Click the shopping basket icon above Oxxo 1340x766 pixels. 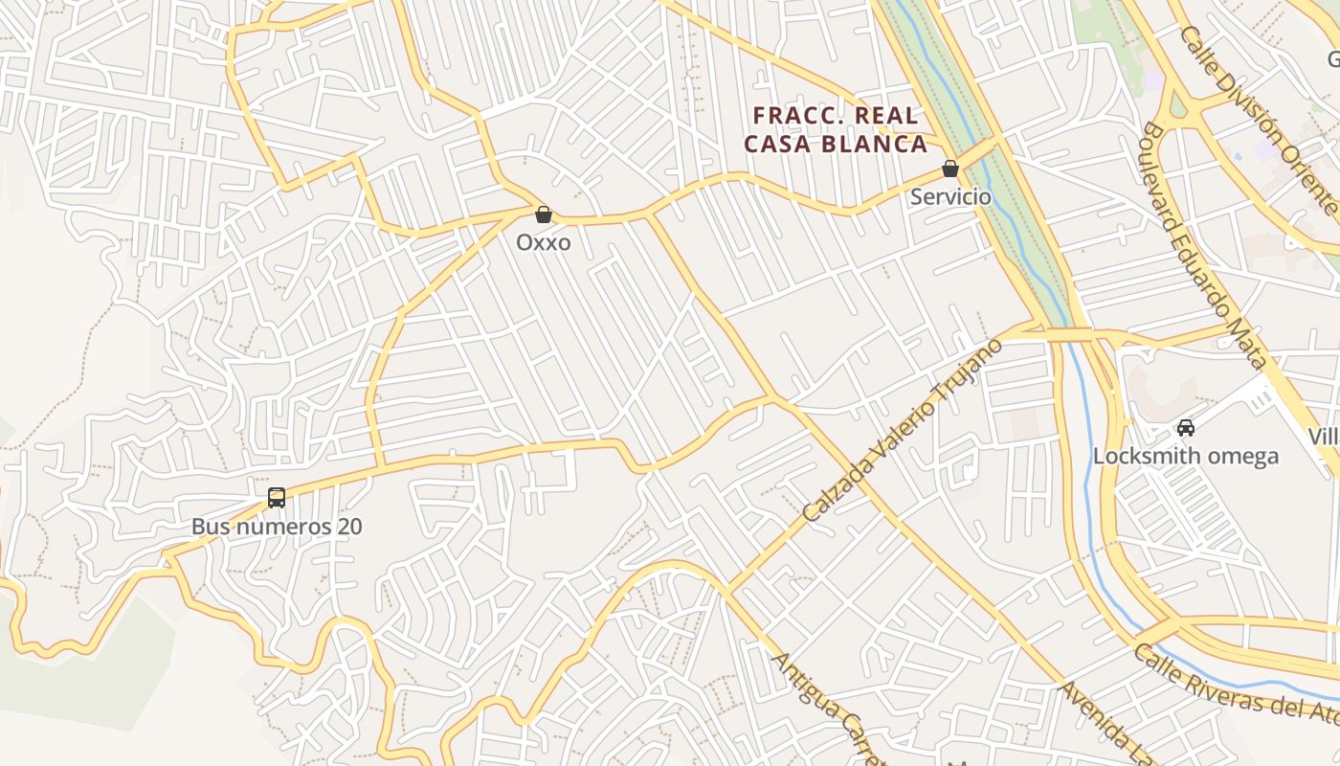tap(543, 214)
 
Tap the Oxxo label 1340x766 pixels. tap(543, 242)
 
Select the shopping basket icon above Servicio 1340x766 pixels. tap(950, 169)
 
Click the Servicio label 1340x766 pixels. tap(950, 196)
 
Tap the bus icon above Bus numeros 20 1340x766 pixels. tap(277, 498)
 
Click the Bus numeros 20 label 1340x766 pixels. tap(277, 526)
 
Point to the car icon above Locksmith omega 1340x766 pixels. tap(1186, 427)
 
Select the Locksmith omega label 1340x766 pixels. tap(1186, 456)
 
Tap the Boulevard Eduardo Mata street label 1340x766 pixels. tap(1204, 245)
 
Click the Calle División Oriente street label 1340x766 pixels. tap(1259, 120)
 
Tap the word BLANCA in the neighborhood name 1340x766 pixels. tap(881, 145)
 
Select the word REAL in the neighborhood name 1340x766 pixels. tap(886, 116)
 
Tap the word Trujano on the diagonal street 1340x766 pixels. tap(966, 372)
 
